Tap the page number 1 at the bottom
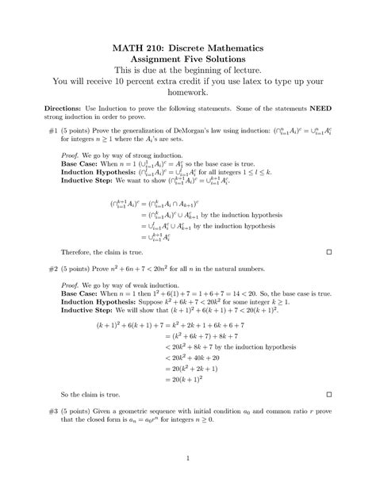pyautogui.click(x=188, y=457)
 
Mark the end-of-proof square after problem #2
pyautogui.click(x=328, y=394)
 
